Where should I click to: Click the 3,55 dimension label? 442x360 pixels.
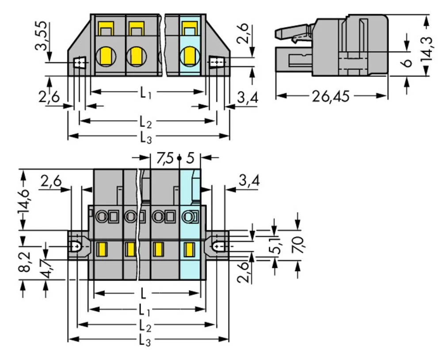coord(42,36)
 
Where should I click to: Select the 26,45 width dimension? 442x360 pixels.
coord(331,96)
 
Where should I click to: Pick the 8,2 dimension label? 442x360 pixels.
coord(25,262)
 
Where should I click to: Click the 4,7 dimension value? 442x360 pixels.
coord(45,269)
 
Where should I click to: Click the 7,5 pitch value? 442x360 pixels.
coord(165,158)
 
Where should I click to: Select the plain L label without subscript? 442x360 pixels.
coord(143,294)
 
